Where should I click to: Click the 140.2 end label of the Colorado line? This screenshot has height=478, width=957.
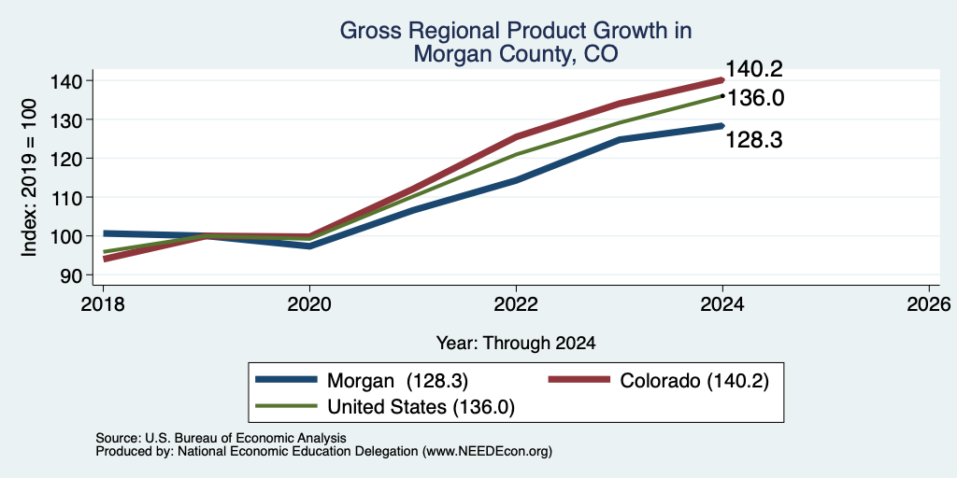pos(754,69)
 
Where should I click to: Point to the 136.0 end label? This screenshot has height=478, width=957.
pos(755,97)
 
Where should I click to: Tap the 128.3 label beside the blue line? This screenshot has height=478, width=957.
pos(754,140)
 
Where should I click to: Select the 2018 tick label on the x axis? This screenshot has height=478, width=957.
pos(103,303)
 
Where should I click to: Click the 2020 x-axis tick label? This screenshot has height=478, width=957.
pos(309,303)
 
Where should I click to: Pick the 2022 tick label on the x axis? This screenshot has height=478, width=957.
pos(516,303)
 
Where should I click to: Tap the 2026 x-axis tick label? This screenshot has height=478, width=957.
pos(929,303)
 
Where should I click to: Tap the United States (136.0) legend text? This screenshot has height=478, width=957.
pos(421,407)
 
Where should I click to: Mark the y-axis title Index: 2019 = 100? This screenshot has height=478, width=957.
pos(29,177)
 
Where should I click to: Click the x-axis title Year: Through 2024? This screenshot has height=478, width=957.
pos(516,344)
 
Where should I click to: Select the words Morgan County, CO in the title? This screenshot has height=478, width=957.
pos(516,54)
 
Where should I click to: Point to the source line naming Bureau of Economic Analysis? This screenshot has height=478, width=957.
pos(221,438)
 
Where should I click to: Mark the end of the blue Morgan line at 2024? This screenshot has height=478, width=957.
pos(722,126)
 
